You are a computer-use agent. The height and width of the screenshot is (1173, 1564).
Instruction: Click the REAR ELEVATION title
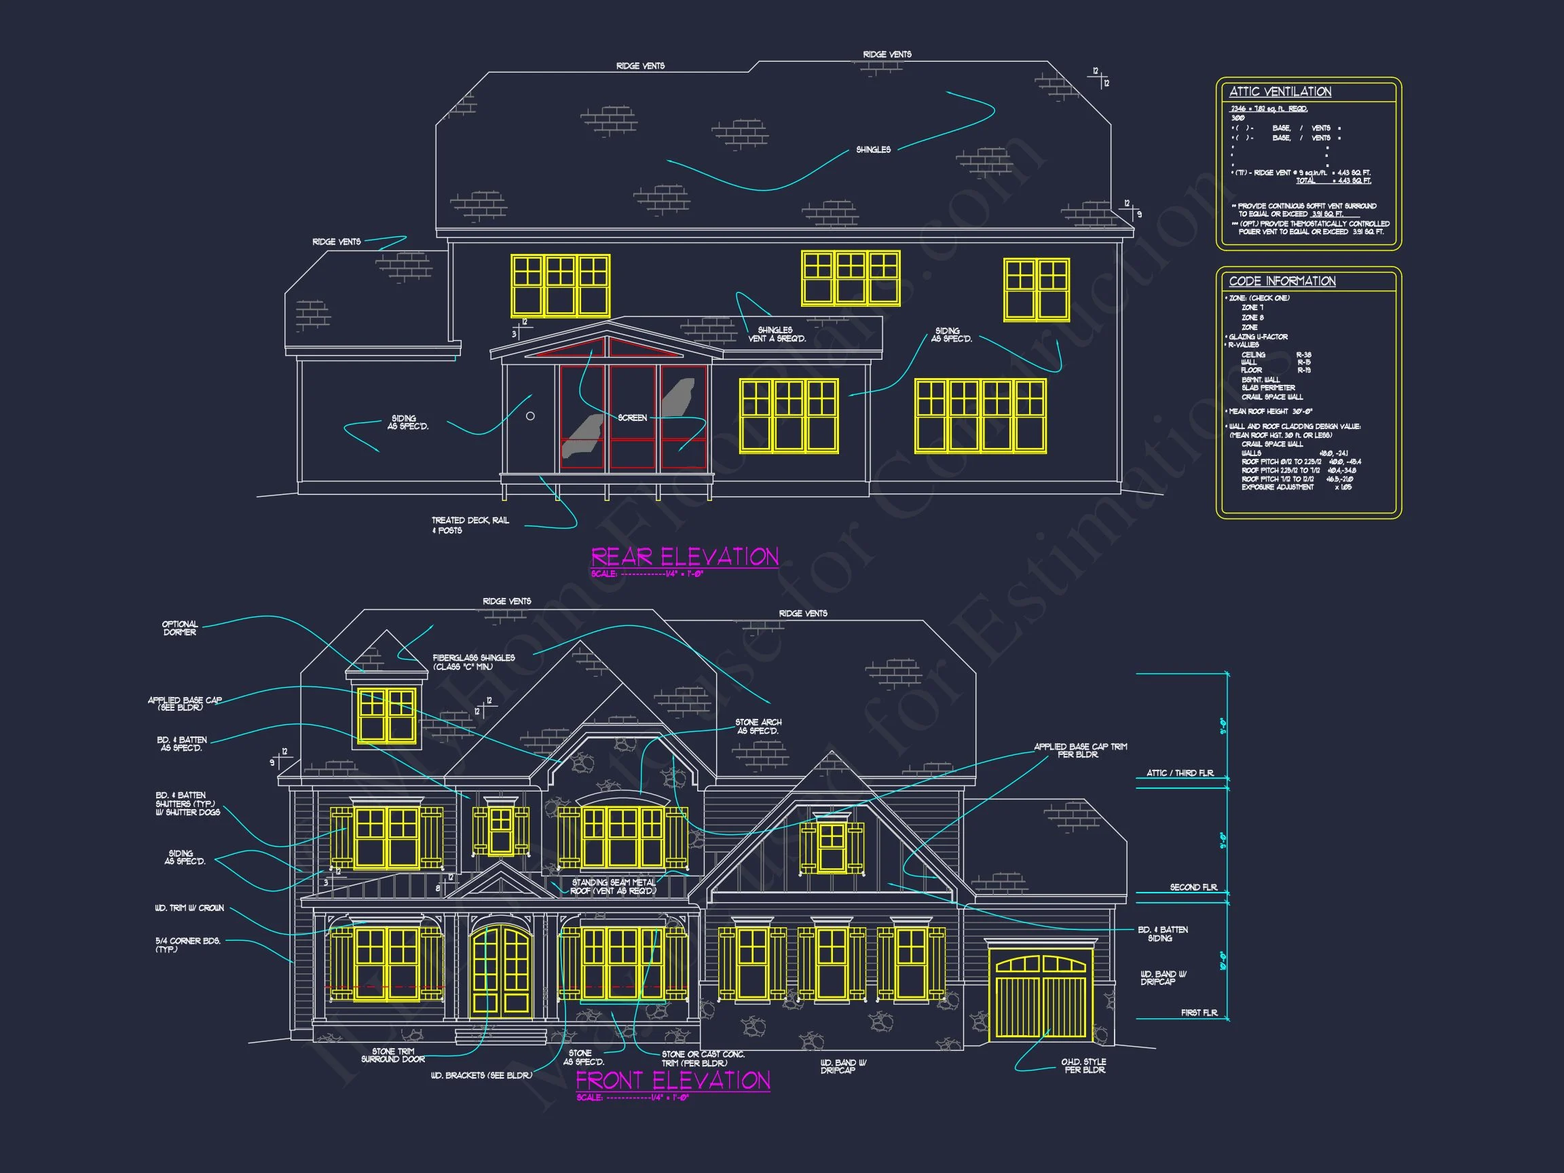tap(684, 557)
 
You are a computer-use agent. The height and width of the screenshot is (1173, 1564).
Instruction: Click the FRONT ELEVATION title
tap(673, 1081)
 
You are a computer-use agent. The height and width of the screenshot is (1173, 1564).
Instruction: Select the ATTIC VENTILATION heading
tap(1280, 92)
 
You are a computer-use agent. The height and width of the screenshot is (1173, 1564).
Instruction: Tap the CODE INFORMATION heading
tap(1282, 282)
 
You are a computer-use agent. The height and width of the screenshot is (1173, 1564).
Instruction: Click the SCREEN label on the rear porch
tap(632, 418)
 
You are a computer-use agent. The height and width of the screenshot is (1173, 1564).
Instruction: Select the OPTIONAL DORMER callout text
tap(180, 629)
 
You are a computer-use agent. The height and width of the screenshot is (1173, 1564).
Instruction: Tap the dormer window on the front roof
tap(387, 715)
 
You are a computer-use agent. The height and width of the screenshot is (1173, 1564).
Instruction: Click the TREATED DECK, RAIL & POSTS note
tap(470, 525)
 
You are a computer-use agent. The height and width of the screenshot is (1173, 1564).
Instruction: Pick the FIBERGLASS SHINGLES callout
tap(474, 663)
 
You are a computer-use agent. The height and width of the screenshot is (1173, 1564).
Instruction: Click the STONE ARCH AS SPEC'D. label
tap(758, 727)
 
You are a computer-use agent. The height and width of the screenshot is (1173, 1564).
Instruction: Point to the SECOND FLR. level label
tap(1193, 887)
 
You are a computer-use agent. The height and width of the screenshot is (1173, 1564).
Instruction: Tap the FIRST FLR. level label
tap(1199, 1013)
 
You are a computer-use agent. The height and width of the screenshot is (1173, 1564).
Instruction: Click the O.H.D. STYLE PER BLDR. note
tap(1083, 1066)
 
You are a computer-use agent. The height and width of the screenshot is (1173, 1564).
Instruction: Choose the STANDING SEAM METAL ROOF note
tap(614, 887)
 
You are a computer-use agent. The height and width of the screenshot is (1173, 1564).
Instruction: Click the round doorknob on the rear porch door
tap(530, 416)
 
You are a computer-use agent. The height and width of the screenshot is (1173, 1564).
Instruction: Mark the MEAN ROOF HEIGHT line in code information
tap(1271, 411)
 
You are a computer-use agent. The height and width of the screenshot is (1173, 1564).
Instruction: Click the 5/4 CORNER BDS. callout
tap(188, 945)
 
